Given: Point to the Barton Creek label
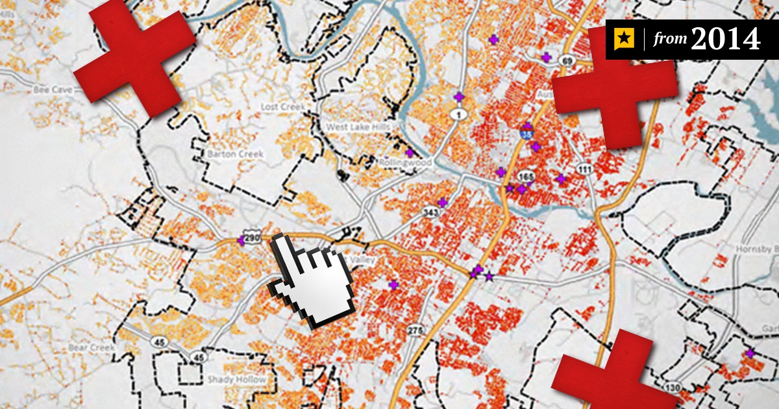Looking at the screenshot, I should click(x=236, y=154).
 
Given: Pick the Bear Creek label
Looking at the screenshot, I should click(x=92, y=348).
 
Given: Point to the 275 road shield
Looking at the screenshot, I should click(x=415, y=331).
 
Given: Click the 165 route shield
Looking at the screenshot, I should click(x=526, y=176).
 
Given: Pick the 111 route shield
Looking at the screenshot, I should click(x=586, y=169).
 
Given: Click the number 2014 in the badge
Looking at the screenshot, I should click(x=726, y=40).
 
